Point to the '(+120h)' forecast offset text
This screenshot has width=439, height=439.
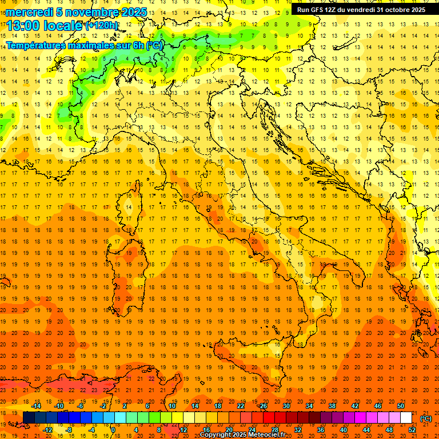tap(101, 25)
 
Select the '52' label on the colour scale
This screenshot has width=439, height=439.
tap(412, 430)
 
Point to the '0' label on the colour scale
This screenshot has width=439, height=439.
tap(113, 430)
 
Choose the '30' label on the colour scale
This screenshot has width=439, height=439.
tap(286, 406)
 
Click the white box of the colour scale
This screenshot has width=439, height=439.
tap(406, 418)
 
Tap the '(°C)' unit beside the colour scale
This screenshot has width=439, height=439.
tap(426, 418)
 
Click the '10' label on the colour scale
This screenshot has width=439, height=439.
tap(171, 406)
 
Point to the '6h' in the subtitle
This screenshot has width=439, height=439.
tap(137, 45)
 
